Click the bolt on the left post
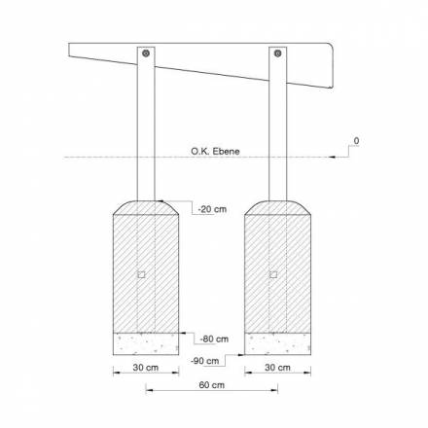click(146, 53)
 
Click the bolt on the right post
click(277, 53)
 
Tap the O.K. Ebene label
click(215, 152)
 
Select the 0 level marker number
click(356, 141)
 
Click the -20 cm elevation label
click(212, 209)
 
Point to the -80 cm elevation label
click(214, 339)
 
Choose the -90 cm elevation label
click(205, 361)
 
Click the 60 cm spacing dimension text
click(212, 385)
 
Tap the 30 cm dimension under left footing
click(146, 368)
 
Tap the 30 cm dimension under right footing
click(277, 368)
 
